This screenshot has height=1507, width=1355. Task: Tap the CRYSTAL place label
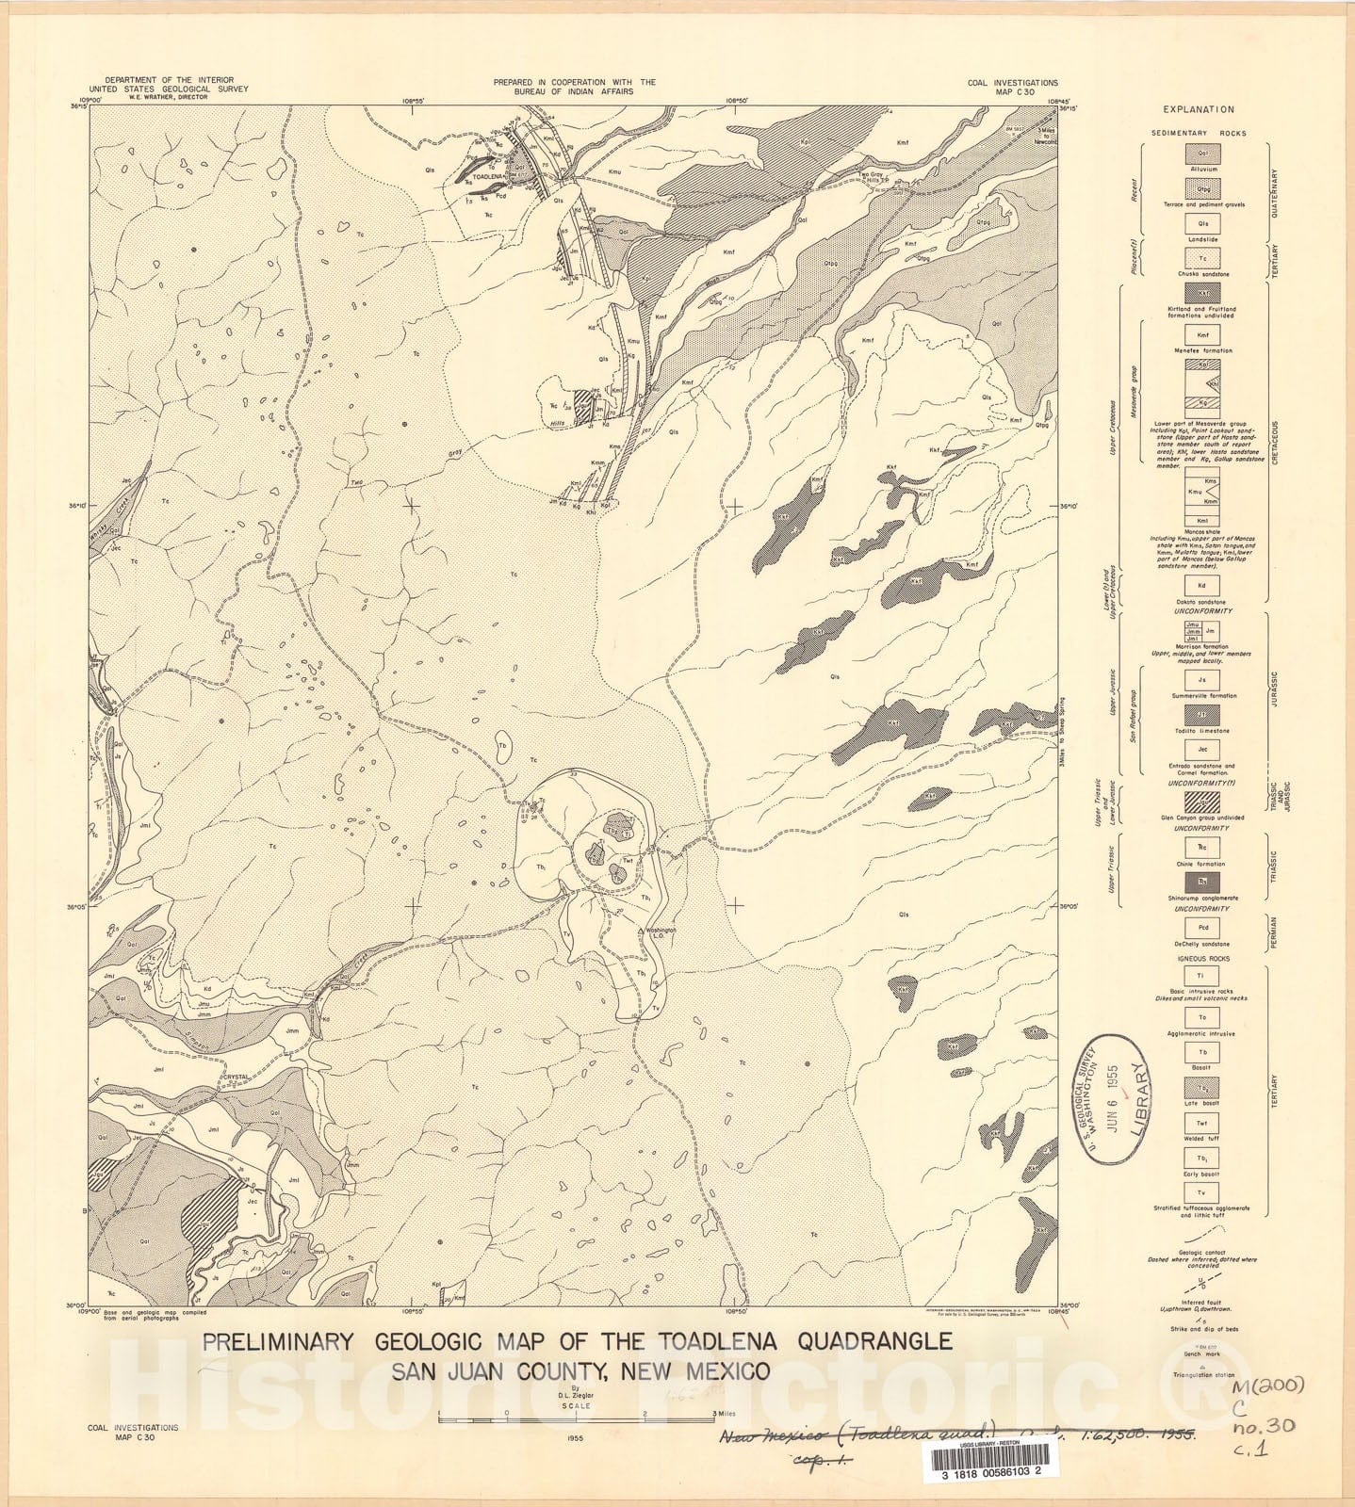pos(235,1077)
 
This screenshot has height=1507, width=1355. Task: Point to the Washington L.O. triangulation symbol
pos(643,931)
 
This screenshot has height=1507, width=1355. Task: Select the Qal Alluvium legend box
pos(1201,154)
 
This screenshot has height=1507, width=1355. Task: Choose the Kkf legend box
pos(1201,293)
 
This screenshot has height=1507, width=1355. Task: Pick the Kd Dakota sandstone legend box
pos(1201,585)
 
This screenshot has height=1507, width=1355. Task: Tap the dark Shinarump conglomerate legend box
pos(1201,882)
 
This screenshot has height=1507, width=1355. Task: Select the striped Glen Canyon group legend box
pos(1201,802)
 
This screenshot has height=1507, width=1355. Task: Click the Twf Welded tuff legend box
pos(1201,1124)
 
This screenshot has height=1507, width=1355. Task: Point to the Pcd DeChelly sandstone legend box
pos(1201,928)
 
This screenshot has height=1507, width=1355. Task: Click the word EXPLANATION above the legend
pos(1198,110)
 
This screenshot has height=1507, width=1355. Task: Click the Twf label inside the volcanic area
pos(628,860)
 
